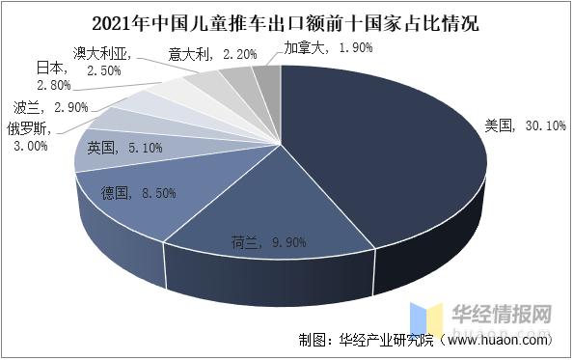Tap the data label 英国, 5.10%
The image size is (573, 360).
[124, 148]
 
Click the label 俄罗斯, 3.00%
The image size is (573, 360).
[35, 136]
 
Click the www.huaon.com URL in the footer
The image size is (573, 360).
[497, 341]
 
